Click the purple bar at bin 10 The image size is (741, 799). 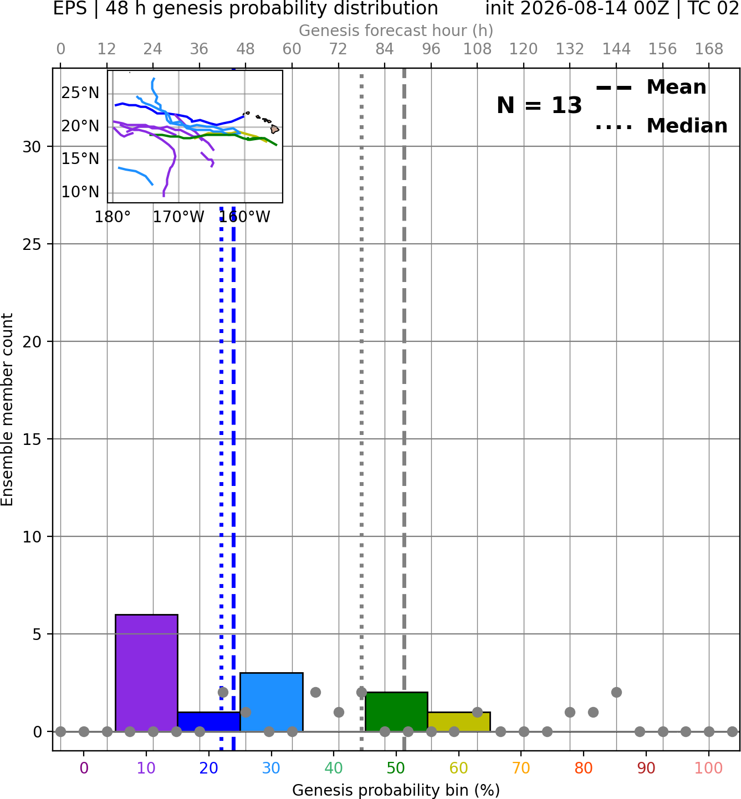click(146, 673)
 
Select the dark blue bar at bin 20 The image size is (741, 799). click(209, 722)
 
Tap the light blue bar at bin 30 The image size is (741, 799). click(271, 703)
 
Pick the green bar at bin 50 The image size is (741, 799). click(396, 712)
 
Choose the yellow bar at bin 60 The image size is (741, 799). click(459, 722)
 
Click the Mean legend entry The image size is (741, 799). click(651, 88)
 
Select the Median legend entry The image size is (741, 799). click(662, 126)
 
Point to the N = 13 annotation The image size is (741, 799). click(539, 105)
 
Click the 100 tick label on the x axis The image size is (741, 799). click(709, 769)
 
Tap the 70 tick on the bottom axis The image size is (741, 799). click(521, 769)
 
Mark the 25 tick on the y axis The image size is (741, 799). click(32, 244)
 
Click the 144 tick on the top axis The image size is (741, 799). click(616, 49)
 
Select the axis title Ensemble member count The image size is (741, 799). click(7, 409)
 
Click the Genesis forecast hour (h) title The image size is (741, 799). click(396, 30)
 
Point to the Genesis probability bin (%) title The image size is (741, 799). click(396, 790)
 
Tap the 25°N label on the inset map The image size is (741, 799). click(80, 93)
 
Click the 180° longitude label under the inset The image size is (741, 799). click(113, 217)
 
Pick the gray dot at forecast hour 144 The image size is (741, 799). click(616, 693)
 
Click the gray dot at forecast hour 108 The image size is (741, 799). click(477, 712)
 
